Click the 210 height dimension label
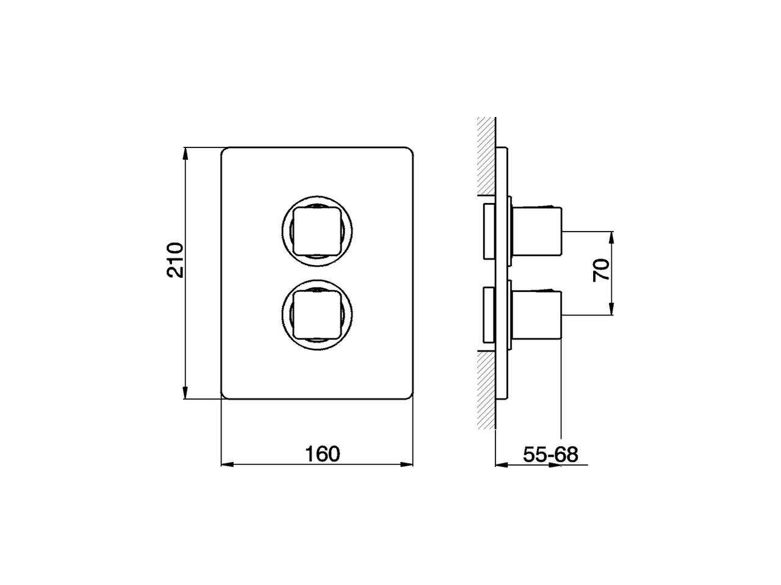(175, 260)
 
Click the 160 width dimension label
(322, 454)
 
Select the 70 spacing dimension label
(601, 269)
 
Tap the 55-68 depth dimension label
(550, 454)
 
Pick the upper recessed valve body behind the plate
(489, 231)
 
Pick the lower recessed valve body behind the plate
(489, 314)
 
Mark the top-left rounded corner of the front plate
(224, 151)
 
